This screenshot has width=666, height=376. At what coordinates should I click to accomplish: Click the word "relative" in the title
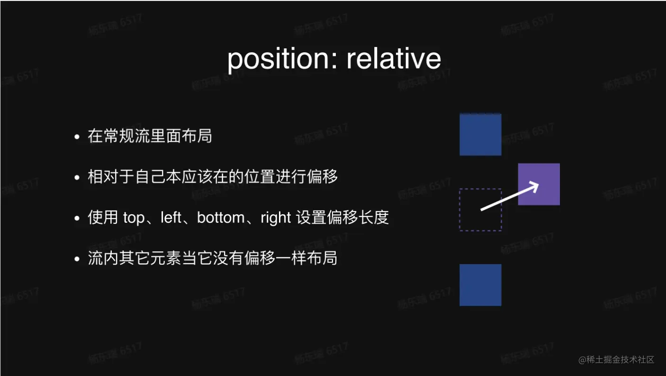click(x=394, y=58)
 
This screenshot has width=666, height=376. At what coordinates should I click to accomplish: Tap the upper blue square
click(x=480, y=134)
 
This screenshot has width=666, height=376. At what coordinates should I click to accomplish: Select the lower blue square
click(x=480, y=285)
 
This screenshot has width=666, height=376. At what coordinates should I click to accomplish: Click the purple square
click(x=539, y=184)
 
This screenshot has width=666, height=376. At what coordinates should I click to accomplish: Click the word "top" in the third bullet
click(x=134, y=218)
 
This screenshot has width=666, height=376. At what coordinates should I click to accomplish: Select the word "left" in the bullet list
click(x=171, y=218)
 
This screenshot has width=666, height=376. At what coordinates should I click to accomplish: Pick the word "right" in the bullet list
click(x=275, y=218)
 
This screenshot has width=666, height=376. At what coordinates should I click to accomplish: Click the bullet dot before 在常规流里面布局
click(x=77, y=137)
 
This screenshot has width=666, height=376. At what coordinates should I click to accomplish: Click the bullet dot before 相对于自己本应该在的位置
click(x=77, y=178)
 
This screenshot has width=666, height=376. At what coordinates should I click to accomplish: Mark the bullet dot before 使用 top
click(x=77, y=219)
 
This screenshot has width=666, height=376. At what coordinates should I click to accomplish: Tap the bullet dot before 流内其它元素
click(x=77, y=259)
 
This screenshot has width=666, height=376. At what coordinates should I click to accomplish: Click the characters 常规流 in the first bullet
click(x=126, y=137)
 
